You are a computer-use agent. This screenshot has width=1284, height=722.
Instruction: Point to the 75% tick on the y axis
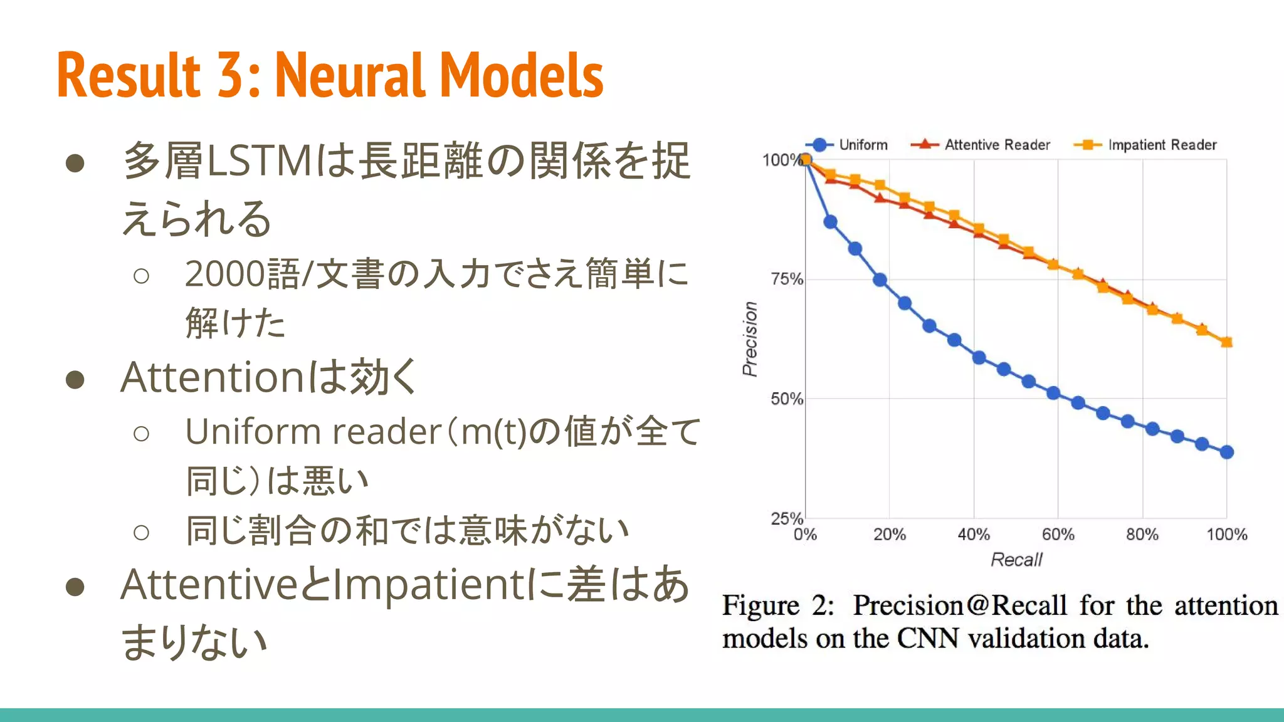(x=787, y=280)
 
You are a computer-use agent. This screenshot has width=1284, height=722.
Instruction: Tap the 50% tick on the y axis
(x=787, y=399)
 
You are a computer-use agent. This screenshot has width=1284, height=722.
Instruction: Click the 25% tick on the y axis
(x=787, y=518)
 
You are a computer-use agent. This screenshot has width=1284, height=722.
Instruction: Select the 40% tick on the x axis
(x=973, y=535)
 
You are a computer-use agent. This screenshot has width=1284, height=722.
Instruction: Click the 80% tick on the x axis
(x=1142, y=535)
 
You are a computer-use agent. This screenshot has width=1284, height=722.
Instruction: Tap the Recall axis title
(x=1016, y=560)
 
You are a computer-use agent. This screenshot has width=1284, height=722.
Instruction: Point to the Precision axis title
(x=750, y=338)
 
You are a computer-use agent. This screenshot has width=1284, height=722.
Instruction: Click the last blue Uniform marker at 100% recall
(x=1226, y=452)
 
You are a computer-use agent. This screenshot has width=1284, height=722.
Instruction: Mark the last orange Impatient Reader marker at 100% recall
(x=1226, y=342)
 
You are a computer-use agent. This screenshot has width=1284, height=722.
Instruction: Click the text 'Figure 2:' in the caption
(x=777, y=605)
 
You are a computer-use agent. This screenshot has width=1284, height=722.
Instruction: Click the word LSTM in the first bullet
(x=260, y=161)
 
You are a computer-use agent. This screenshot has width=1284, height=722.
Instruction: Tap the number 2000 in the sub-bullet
(x=225, y=275)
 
